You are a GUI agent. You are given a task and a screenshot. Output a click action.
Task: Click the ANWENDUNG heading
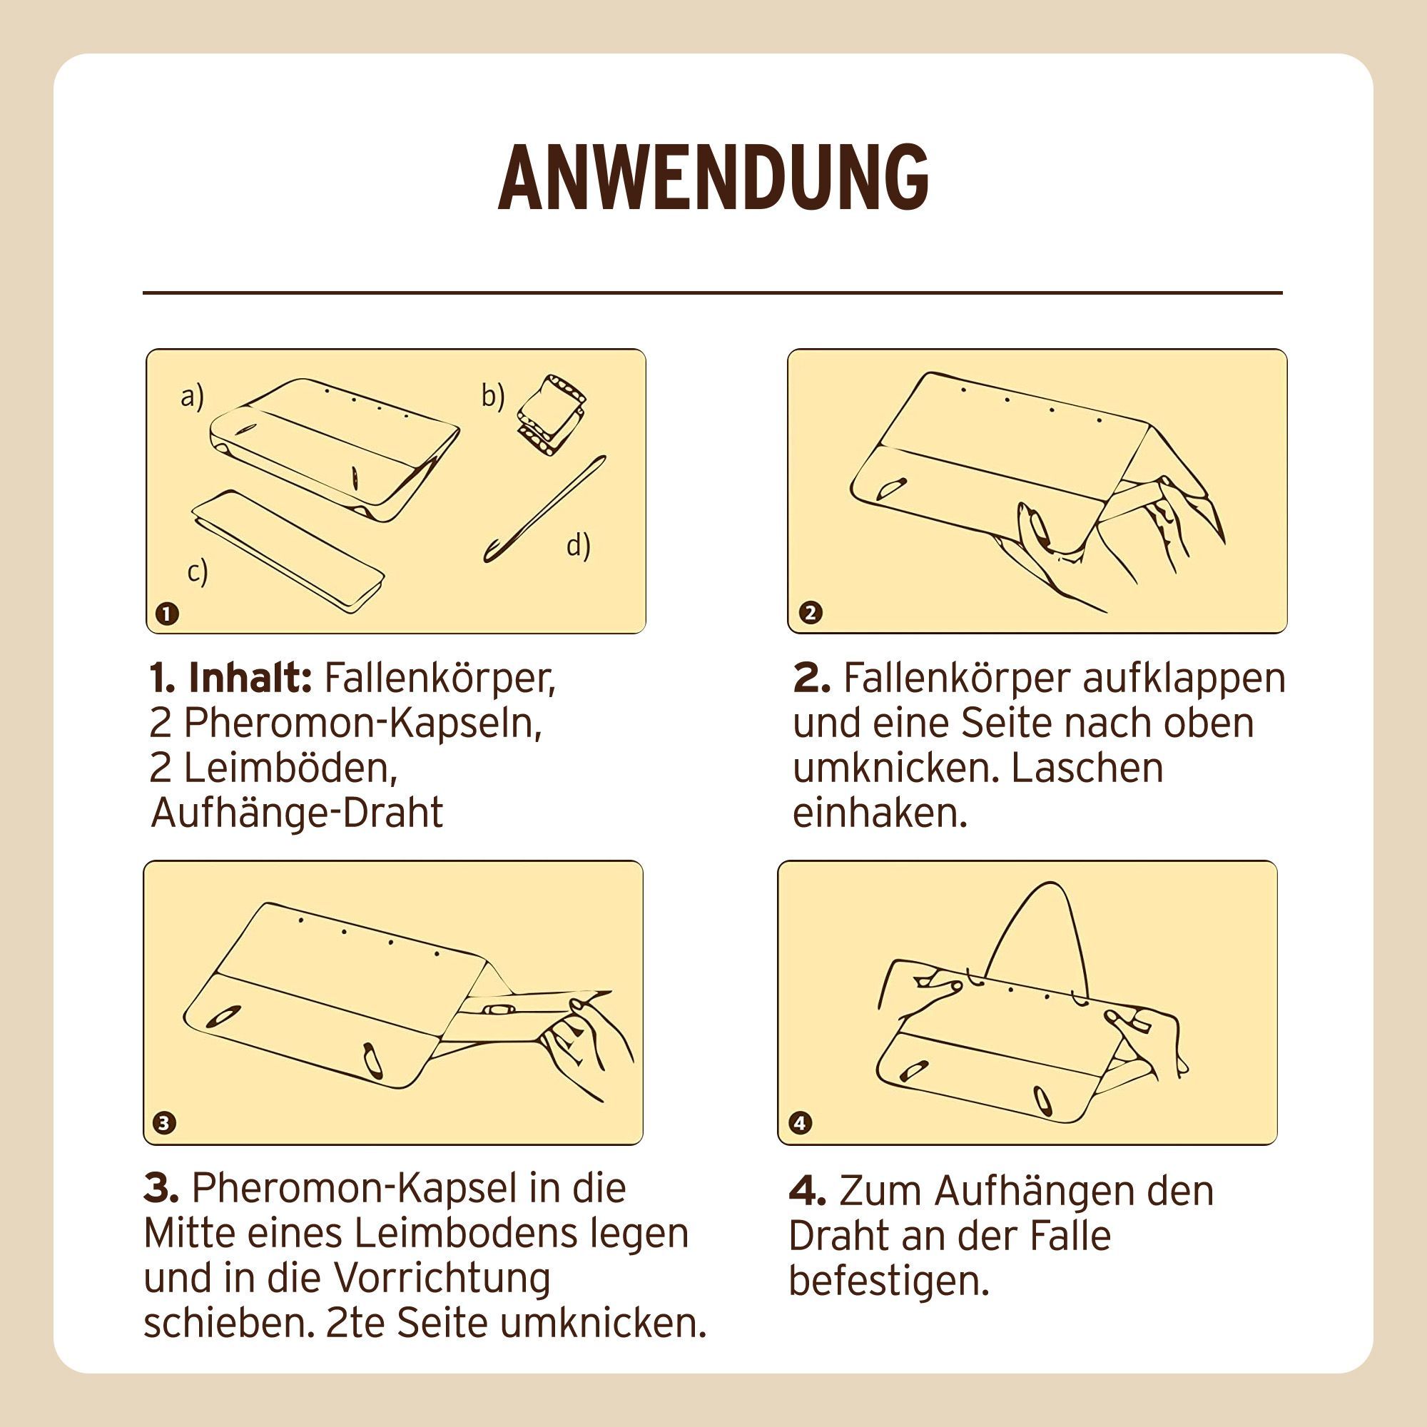coord(713,176)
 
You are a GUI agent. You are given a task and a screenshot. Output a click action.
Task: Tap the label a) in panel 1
coord(192,397)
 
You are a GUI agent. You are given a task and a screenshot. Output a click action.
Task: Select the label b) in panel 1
coord(492,396)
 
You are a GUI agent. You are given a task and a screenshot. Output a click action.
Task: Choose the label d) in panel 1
coord(579,546)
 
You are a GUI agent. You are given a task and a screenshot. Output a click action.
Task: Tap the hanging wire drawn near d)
coord(544,509)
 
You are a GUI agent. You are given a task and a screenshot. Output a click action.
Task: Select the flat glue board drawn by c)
coord(288,550)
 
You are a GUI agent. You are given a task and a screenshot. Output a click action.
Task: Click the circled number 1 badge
coord(168,613)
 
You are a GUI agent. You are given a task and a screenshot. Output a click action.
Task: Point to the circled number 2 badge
coord(811,612)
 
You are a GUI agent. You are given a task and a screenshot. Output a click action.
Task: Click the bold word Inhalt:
coord(250,677)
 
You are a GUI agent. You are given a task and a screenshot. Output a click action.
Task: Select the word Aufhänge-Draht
coord(297,813)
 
